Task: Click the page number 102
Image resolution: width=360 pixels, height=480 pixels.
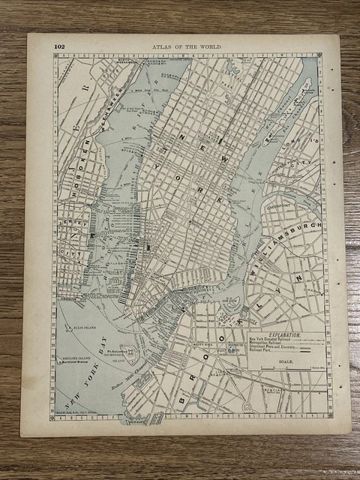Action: (58, 46)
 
